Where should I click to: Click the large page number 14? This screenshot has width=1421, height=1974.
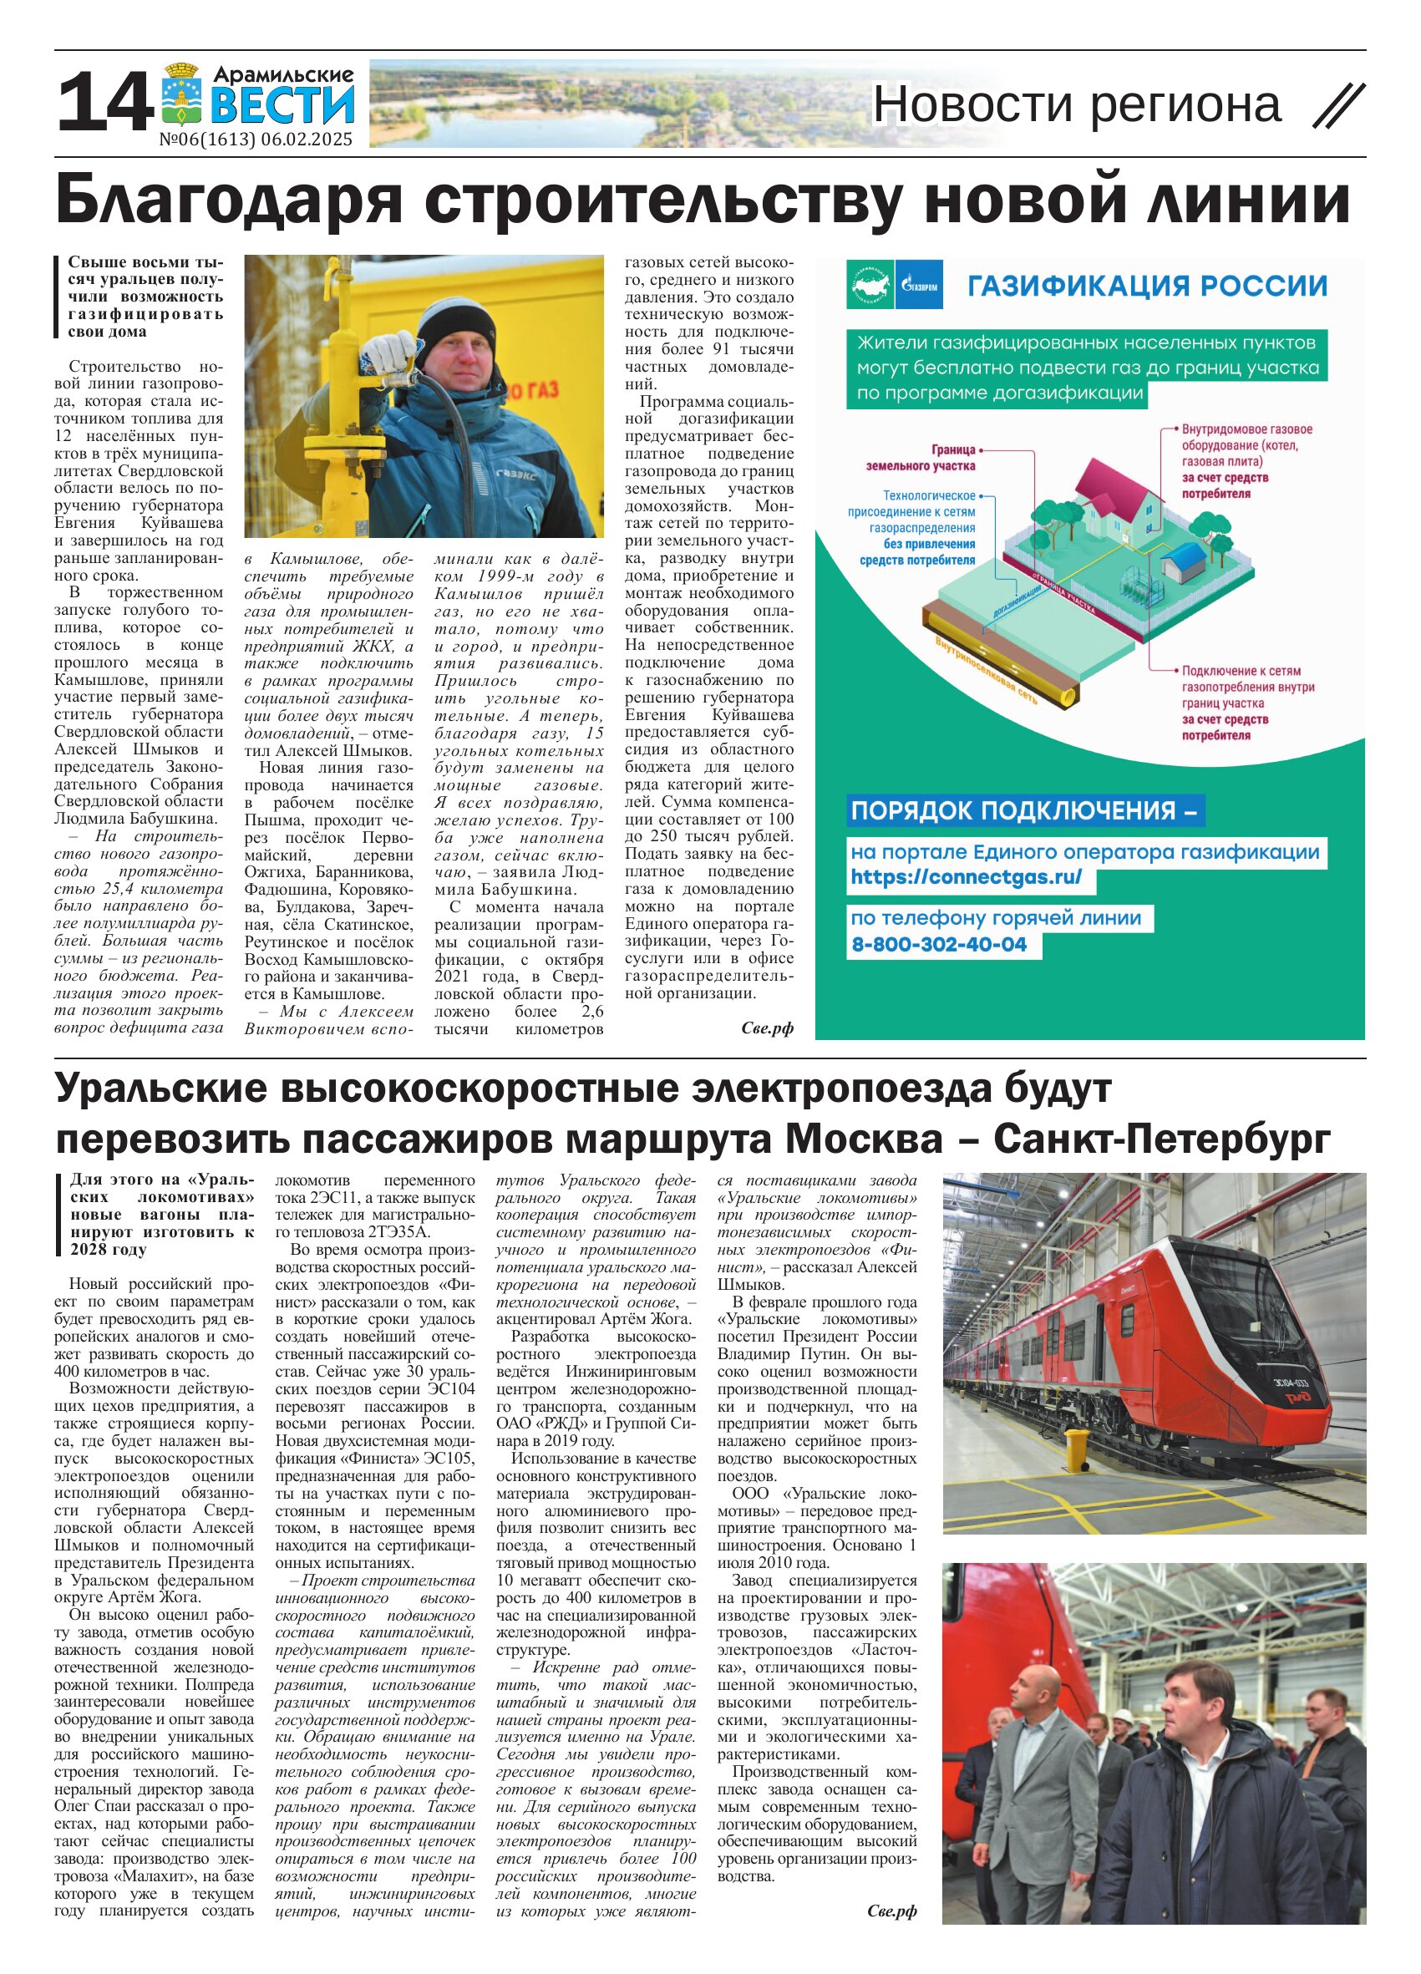[x=104, y=103]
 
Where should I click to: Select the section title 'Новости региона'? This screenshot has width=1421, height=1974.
[x=1077, y=104]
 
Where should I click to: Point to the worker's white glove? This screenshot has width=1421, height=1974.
[x=388, y=353]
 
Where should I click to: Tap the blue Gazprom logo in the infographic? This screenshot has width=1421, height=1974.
[x=918, y=285]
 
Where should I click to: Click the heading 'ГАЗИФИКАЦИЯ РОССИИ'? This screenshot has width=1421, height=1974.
[x=1147, y=286]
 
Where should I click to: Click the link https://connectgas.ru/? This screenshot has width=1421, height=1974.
[x=966, y=877]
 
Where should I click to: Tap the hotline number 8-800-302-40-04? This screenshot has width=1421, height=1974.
[x=939, y=944]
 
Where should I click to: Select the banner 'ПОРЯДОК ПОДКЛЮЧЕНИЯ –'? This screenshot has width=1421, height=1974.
[x=1024, y=811]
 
